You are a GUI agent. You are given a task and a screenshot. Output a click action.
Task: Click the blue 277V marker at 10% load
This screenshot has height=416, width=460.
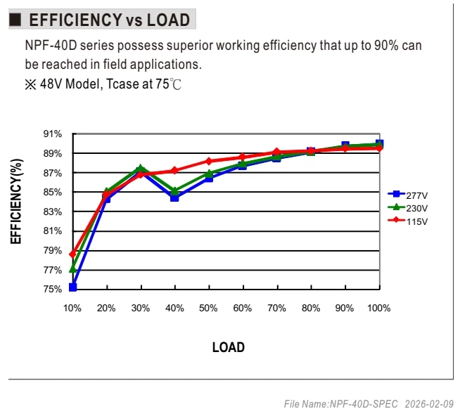[72, 287]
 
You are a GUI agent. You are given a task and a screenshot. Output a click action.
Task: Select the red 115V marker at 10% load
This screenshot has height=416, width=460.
[72, 254]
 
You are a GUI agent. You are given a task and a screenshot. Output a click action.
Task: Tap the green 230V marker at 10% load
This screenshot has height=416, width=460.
[72, 268]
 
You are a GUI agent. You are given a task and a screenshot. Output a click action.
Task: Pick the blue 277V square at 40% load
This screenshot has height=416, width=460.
[174, 198]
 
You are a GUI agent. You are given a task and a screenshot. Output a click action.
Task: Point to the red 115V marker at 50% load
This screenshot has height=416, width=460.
[209, 161]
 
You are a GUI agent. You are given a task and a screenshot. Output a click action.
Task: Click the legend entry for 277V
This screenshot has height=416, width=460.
[408, 195]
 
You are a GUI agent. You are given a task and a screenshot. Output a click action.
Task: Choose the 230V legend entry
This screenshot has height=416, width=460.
[408, 208]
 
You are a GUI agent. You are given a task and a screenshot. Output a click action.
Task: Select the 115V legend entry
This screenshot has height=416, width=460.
[408, 221]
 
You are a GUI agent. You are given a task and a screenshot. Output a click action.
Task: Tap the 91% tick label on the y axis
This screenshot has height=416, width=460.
[53, 134]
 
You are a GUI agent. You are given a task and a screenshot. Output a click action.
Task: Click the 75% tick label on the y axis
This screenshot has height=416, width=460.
[53, 290]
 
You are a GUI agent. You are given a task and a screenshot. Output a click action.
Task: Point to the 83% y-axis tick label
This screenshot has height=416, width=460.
[53, 212]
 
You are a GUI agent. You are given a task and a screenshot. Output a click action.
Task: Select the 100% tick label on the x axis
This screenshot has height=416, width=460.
[378, 308]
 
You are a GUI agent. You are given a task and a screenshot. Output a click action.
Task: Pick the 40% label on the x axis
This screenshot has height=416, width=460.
[174, 308]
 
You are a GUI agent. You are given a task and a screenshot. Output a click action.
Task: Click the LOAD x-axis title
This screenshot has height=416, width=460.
[228, 347]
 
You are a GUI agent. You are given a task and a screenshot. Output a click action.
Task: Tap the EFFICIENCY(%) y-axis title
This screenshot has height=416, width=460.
[16, 202]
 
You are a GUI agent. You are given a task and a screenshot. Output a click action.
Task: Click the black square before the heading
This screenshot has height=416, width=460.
[15, 20]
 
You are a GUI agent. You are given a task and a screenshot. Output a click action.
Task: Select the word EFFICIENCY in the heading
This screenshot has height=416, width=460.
[76, 20]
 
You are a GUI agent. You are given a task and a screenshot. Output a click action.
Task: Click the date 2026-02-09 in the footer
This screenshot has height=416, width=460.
[429, 404]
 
